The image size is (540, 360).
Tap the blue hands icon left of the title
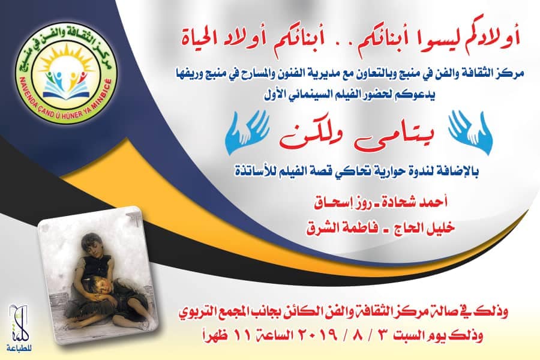click(247, 132)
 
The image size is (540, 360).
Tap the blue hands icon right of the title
click(470, 132)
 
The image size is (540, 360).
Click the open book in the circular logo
click(66, 90)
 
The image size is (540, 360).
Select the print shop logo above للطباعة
click(18, 322)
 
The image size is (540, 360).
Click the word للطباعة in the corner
click(18, 348)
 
